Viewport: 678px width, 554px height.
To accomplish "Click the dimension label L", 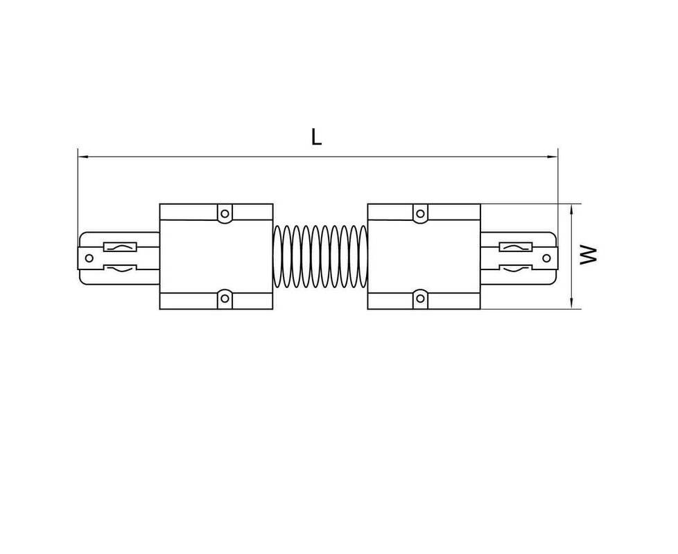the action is pyautogui.click(x=317, y=137).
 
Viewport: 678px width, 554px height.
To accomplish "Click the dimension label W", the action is pyautogui.click(x=589, y=255).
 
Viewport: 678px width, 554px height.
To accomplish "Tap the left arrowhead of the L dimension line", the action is pyautogui.click(x=83, y=157).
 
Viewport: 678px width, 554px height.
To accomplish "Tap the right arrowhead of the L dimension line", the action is pyautogui.click(x=553, y=157).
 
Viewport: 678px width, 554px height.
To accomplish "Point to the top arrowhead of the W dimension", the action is pyautogui.click(x=572, y=209).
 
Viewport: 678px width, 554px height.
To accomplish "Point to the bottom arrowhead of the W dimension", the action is pyautogui.click(x=572, y=303).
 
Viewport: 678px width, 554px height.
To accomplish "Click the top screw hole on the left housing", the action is pyautogui.click(x=225, y=213).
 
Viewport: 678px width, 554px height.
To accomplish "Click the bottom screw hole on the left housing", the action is pyautogui.click(x=225, y=298).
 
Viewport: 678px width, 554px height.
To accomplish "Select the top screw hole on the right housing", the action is pyautogui.click(x=420, y=213).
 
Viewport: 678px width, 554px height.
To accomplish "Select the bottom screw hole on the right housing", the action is pyautogui.click(x=420, y=298).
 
